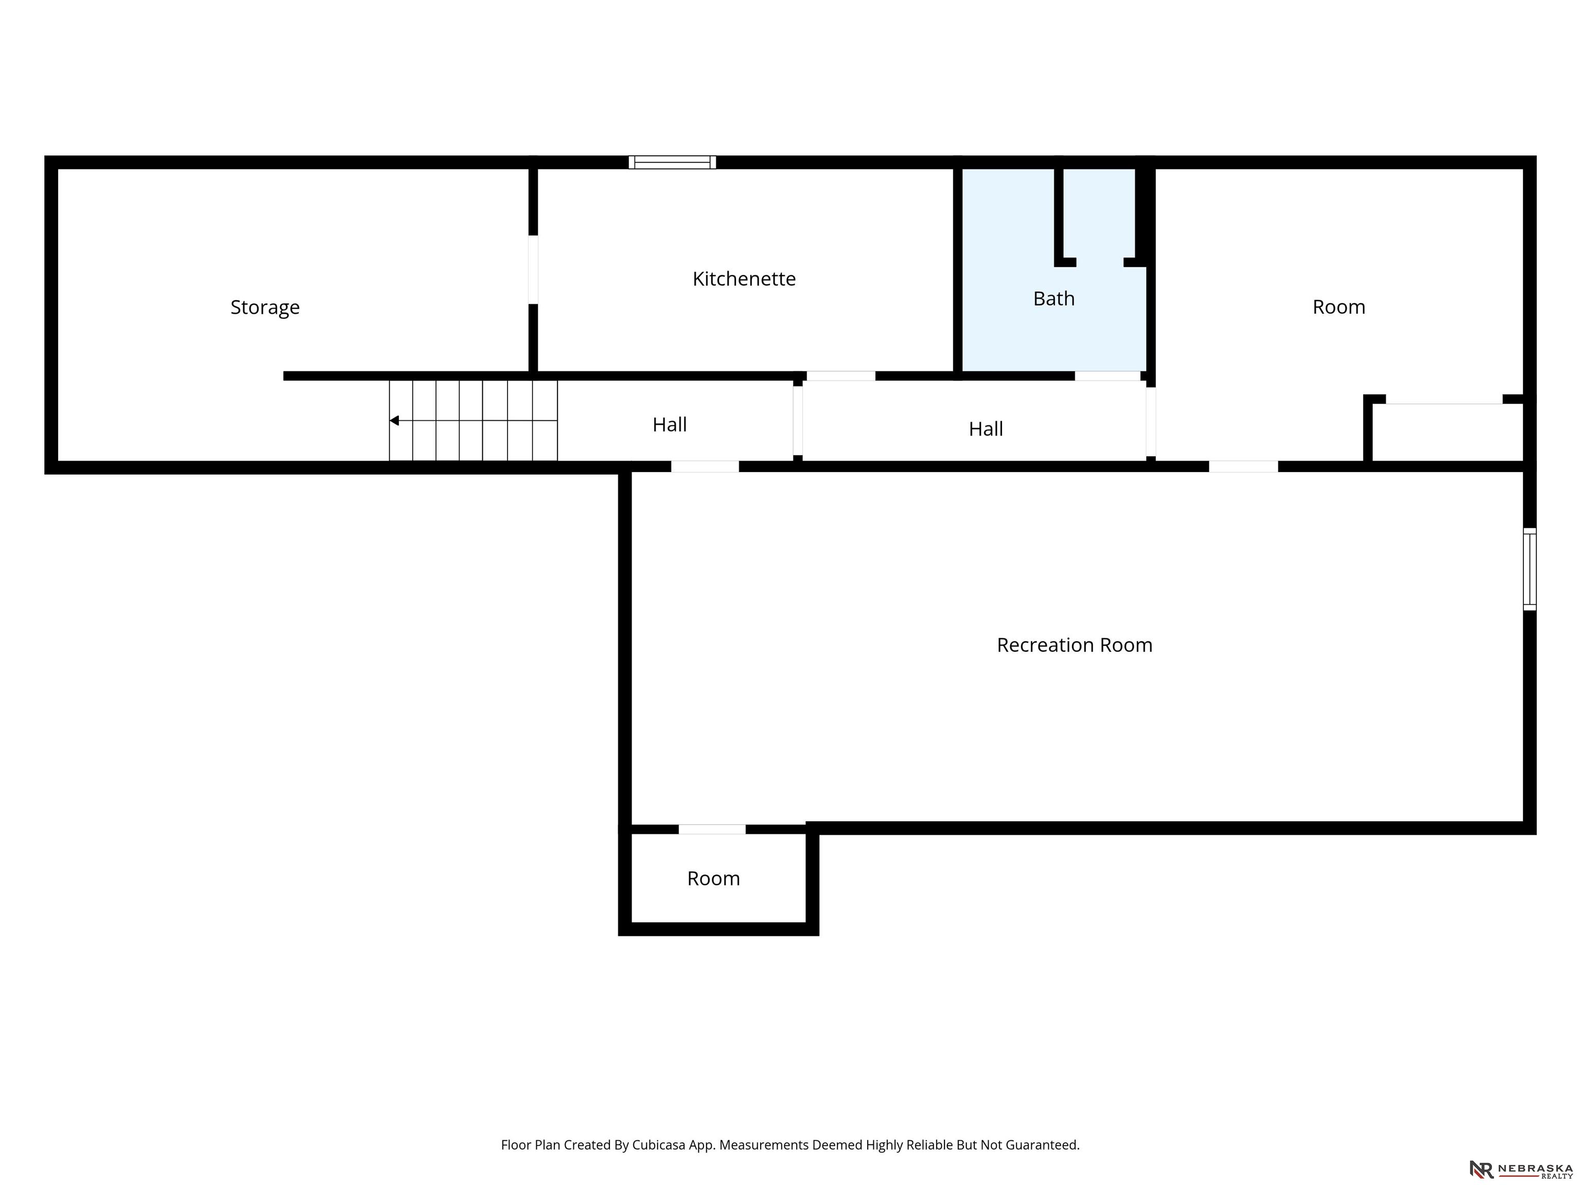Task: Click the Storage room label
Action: click(x=265, y=307)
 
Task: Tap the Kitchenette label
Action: click(x=744, y=279)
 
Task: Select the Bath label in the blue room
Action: click(x=1053, y=299)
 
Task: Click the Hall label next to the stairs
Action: click(x=670, y=424)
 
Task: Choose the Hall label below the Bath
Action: click(x=986, y=428)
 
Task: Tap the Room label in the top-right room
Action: click(x=1339, y=307)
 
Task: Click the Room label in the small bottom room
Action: click(x=713, y=878)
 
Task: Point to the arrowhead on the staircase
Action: click(x=394, y=421)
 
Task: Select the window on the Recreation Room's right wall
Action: click(x=1530, y=569)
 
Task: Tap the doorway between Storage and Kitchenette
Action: click(x=533, y=270)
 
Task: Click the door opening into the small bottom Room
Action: click(x=712, y=829)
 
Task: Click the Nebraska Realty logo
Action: click(x=1521, y=1169)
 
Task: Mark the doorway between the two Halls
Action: click(x=798, y=421)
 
